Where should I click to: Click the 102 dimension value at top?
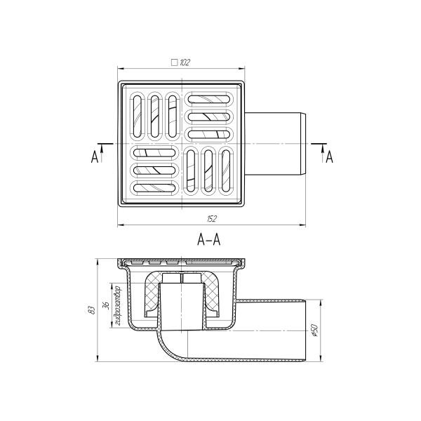click(185, 62)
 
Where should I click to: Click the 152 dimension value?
click(212, 219)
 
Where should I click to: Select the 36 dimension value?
click(106, 305)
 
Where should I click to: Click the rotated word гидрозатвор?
click(117, 306)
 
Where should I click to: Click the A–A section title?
click(208, 239)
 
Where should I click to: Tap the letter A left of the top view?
click(95, 156)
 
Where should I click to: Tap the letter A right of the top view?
click(330, 156)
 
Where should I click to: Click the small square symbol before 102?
click(175, 62)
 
